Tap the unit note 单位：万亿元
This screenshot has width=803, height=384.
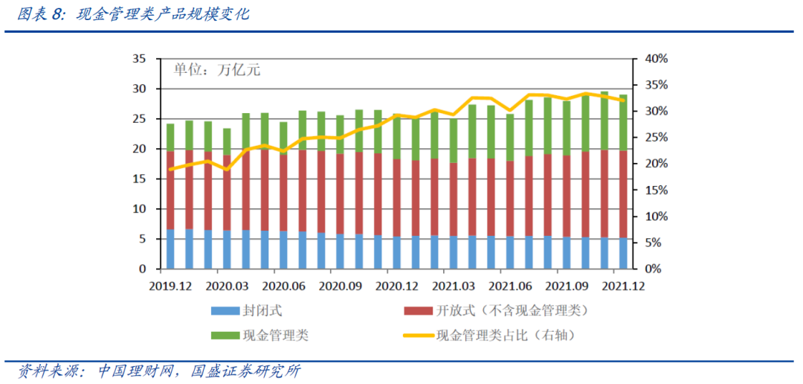(x=217, y=71)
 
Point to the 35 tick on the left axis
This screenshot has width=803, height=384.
(x=138, y=59)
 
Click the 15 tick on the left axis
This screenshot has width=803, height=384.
(x=138, y=179)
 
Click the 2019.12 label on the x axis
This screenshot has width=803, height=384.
(x=170, y=286)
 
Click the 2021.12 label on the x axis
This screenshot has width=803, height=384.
(x=623, y=286)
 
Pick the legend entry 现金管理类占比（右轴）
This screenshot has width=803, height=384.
(x=506, y=335)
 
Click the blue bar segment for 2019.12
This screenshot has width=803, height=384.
(x=170, y=249)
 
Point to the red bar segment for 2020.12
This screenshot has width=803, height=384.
(x=396, y=198)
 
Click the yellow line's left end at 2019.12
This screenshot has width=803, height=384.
(x=170, y=169)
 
